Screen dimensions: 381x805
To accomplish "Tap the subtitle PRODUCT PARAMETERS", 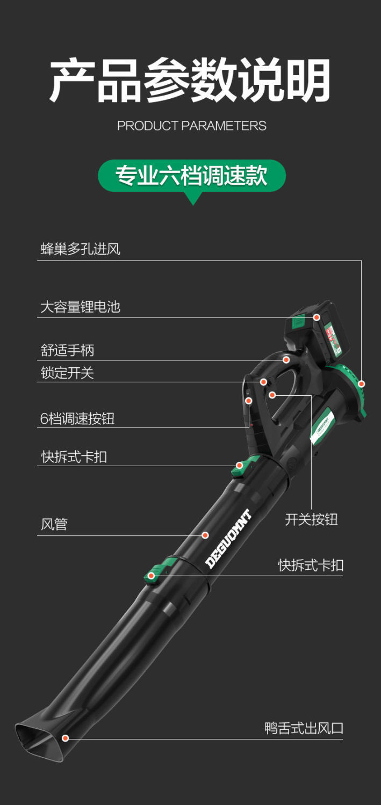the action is [191, 126].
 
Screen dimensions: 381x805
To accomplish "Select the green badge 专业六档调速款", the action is [191, 176].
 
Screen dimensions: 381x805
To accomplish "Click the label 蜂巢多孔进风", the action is [81, 249].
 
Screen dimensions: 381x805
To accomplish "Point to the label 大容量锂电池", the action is [80, 307].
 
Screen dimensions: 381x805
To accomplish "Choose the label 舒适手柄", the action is [67, 351].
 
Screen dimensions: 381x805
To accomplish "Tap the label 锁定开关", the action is [67, 373].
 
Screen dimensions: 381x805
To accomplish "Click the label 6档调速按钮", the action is [77, 419].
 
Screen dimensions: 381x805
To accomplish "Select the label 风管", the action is [54, 525].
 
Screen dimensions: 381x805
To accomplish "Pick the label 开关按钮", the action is [311, 519].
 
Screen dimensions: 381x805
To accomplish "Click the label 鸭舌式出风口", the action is [304, 728].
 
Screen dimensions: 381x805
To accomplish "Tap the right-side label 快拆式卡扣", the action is [311, 565].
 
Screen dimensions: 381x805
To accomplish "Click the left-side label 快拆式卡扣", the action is [74, 457].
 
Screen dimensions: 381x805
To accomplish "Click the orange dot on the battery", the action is [317, 317].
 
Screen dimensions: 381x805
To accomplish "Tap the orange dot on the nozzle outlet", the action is [65, 738].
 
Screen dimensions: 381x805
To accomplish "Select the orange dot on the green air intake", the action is [361, 384].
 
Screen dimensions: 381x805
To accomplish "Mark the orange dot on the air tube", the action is [205, 535].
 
